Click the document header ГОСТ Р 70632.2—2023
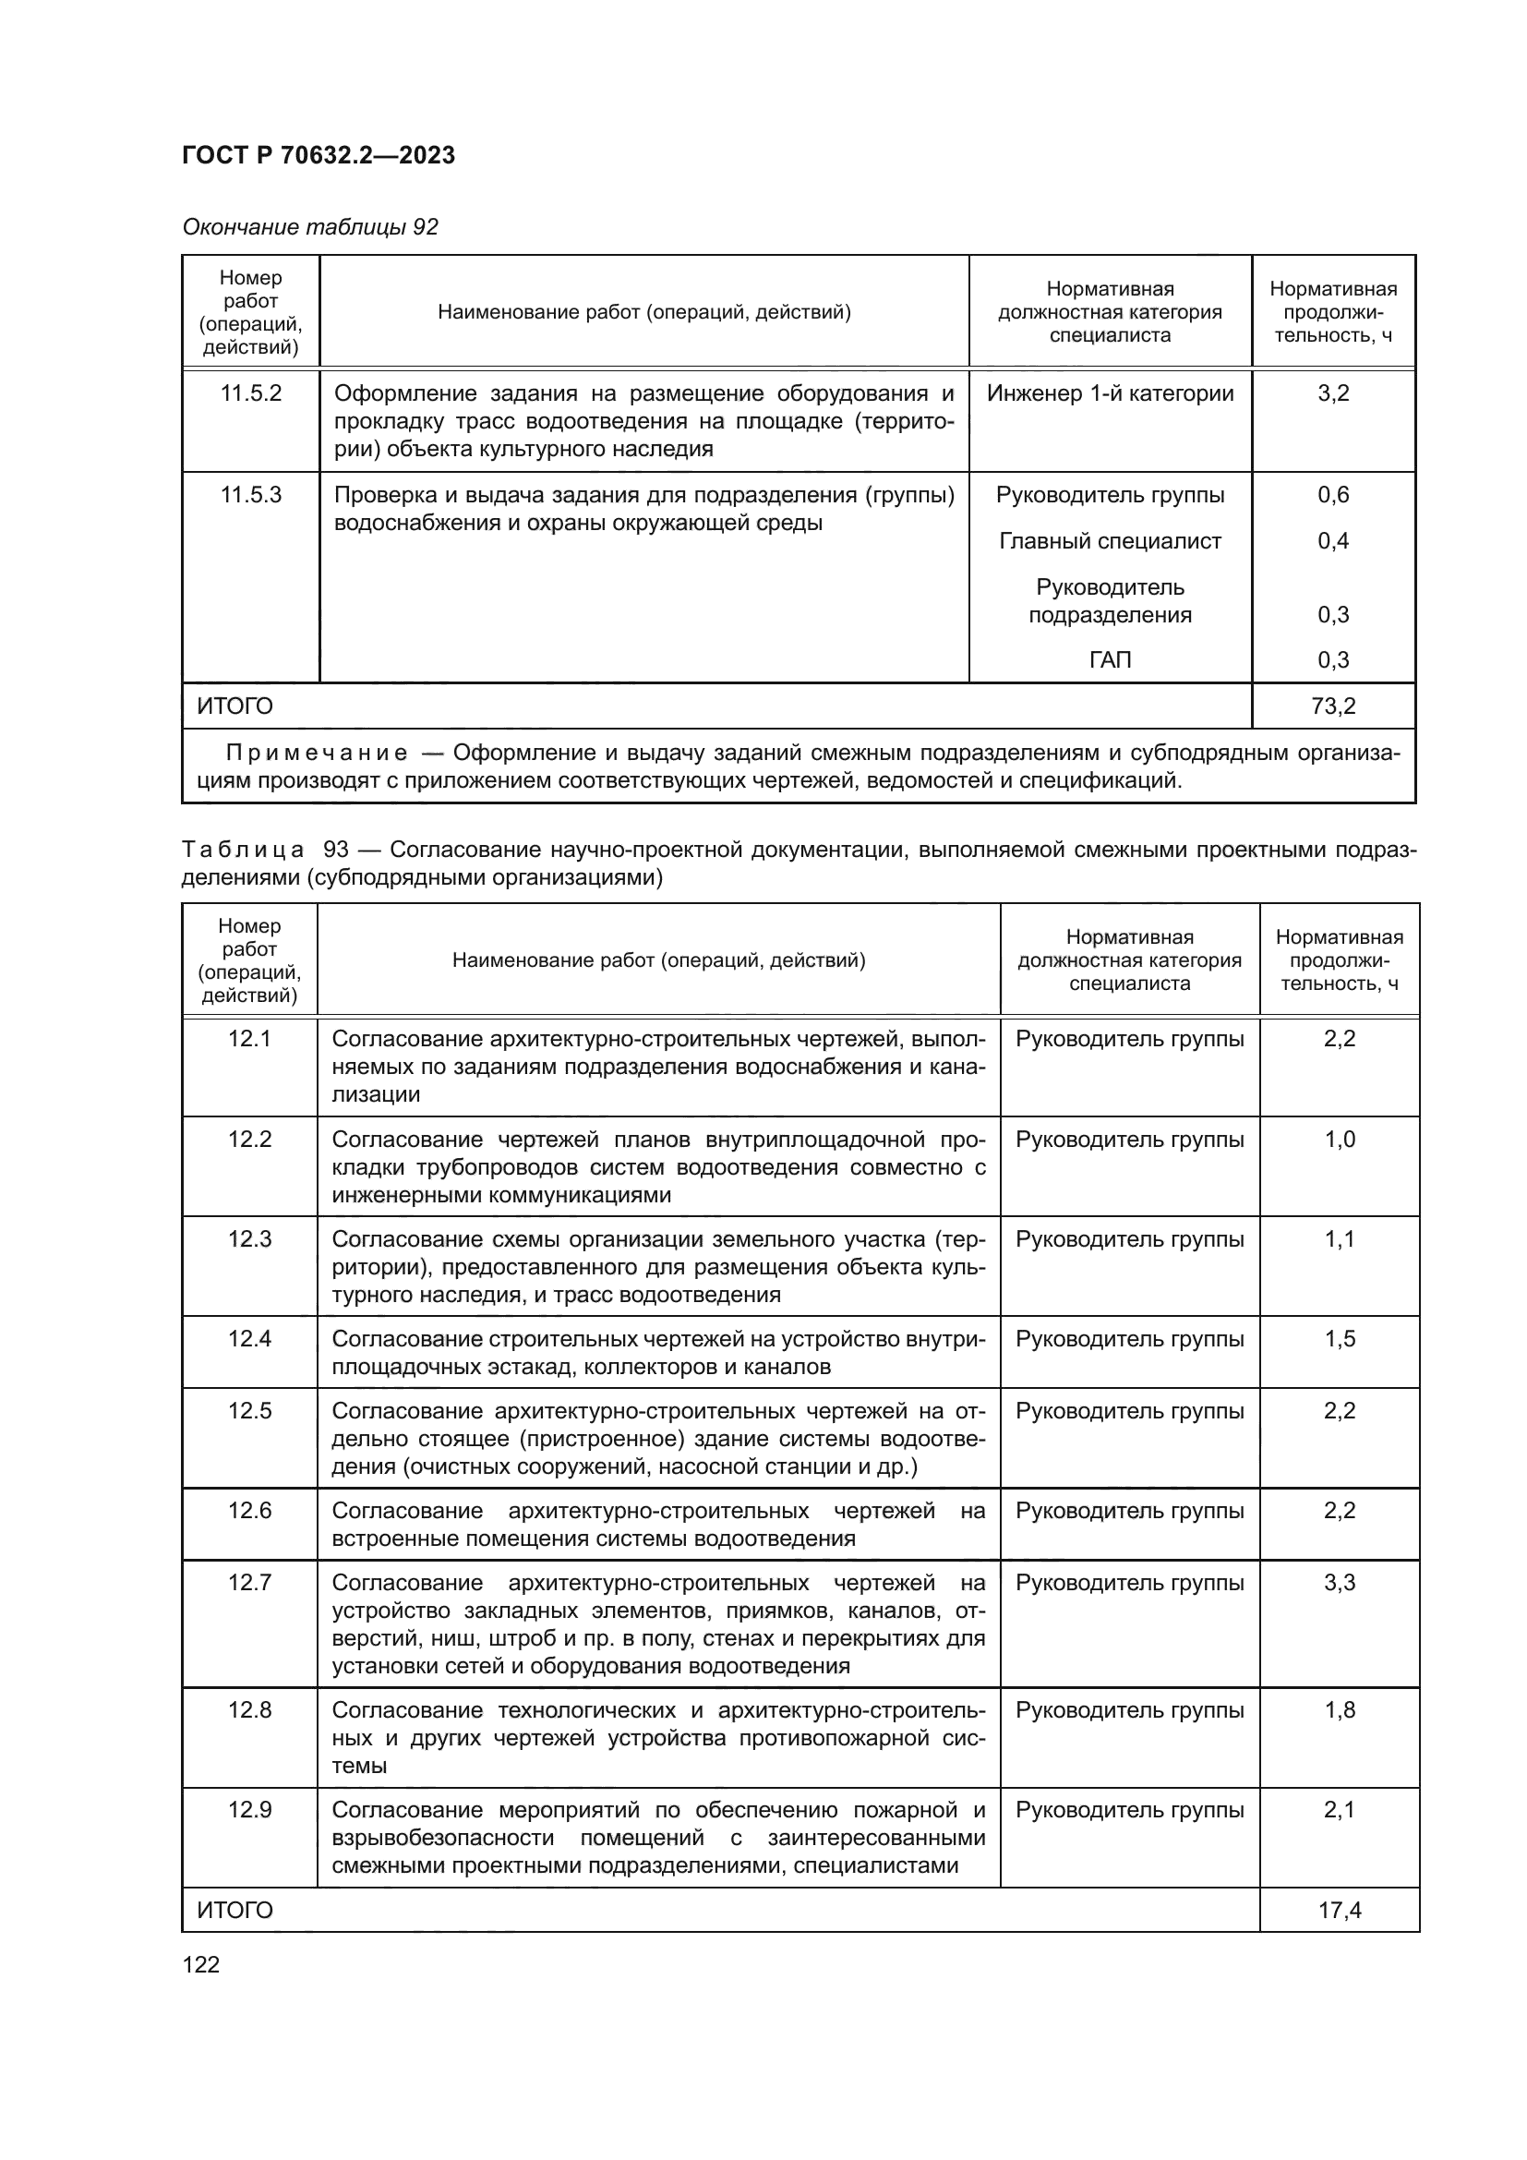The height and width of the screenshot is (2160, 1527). (318, 155)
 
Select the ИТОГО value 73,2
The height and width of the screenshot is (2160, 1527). (1332, 706)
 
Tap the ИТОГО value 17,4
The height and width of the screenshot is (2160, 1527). (1339, 1910)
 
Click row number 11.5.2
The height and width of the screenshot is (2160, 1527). (250, 393)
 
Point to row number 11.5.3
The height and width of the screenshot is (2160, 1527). (250, 495)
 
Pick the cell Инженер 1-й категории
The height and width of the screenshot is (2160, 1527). (1110, 393)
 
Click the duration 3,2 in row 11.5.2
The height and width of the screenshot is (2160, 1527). (1332, 393)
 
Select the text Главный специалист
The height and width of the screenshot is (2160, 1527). (1110, 541)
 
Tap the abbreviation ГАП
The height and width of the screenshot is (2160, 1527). (1110, 659)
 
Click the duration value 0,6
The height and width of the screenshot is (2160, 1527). (1332, 495)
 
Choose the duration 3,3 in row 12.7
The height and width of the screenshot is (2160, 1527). (1339, 1583)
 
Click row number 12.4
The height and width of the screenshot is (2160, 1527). (249, 1339)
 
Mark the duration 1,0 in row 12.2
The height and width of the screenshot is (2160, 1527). (1339, 1140)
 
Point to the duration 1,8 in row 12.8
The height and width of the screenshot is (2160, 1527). (1339, 1709)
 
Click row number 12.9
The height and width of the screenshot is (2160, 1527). (249, 1809)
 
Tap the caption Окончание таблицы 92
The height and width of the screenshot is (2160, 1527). (309, 227)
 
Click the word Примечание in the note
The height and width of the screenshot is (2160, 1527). (317, 753)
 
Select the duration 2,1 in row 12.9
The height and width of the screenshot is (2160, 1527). (1339, 1809)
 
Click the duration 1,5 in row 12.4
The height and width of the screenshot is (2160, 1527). (1339, 1339)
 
